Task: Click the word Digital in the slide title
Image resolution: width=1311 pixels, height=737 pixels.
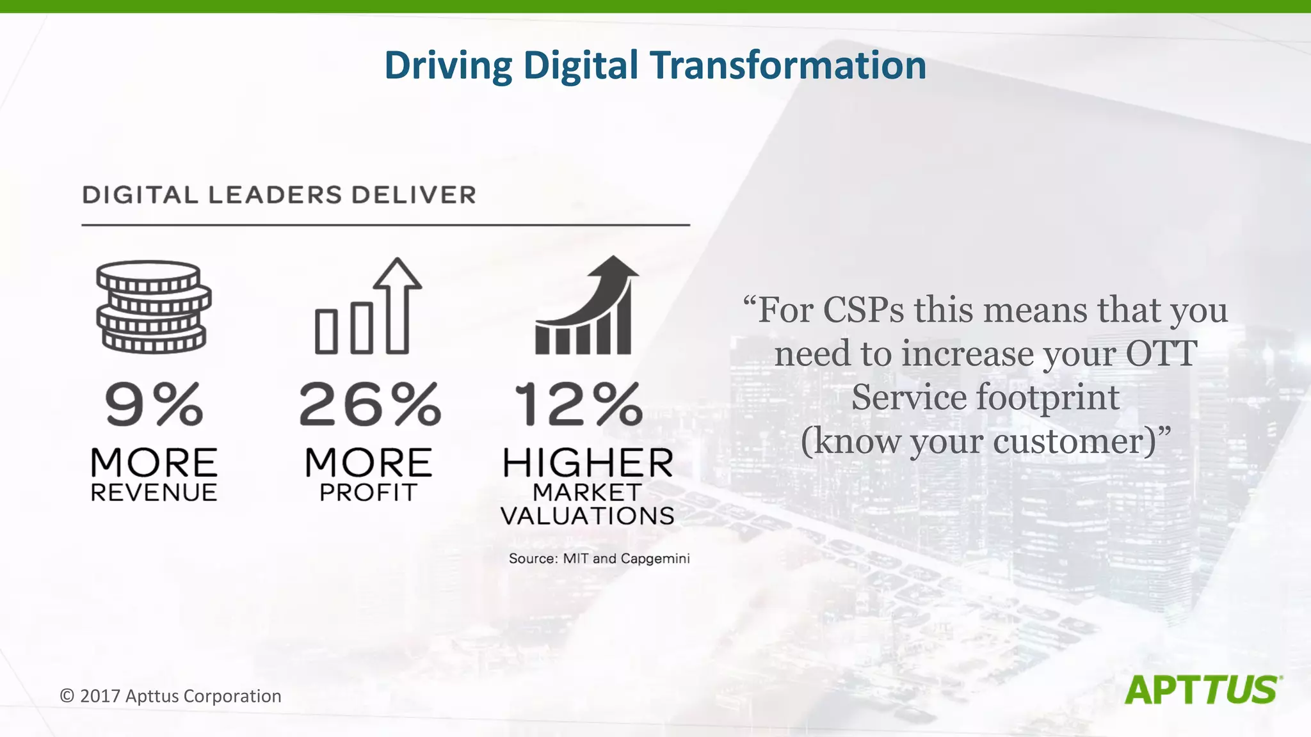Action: [x=581, y=66]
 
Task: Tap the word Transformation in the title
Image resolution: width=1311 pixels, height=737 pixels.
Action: [x=788, y=66]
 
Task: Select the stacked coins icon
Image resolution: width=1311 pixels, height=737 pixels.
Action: [x=154, y=306]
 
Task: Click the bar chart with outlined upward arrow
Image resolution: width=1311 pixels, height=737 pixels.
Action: [x=369, y=306]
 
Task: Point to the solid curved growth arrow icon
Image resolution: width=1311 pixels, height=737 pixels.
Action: [x=586, y=305]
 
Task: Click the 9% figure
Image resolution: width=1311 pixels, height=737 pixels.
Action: [x=154, y=404]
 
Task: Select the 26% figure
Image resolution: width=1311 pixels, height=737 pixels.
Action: [x=369, y=404]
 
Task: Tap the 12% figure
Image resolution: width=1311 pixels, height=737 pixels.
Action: [x=579, y=404]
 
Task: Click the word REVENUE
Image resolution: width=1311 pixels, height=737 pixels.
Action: [x=154, y=493]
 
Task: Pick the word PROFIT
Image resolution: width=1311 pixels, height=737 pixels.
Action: [x=369, y=493]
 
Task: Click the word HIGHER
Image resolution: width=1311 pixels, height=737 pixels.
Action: [x=588, y=463]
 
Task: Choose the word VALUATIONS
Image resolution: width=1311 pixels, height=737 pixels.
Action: [x=587, y=516]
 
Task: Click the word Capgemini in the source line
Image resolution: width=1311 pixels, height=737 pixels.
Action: [x=655, y=559]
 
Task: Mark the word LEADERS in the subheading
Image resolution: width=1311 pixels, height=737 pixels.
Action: [x=275, y=195]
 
